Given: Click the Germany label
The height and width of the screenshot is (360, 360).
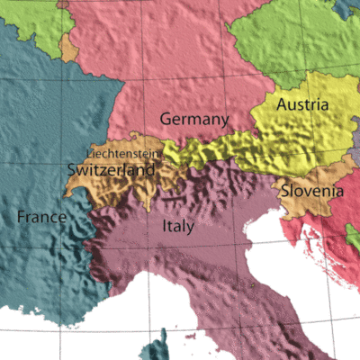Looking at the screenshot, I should coord(193,120).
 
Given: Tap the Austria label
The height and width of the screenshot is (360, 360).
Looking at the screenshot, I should coord(301,105).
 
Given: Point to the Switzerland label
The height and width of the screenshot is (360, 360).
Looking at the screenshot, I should coord(111,168).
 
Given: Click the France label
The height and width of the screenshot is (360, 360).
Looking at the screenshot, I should coord(40,217).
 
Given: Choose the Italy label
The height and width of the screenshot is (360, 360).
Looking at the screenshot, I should coord(177,227).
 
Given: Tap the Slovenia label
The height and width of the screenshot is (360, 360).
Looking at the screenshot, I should coord(311,191).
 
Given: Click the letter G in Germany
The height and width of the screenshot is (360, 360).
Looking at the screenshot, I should coord(166,120).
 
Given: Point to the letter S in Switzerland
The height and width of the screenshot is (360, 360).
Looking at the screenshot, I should coord(72,168).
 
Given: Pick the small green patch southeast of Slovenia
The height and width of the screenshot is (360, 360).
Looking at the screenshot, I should coord(352,236).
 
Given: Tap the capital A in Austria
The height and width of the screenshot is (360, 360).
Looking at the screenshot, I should coord(283,105).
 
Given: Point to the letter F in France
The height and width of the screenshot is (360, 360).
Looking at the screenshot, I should coord(22,217).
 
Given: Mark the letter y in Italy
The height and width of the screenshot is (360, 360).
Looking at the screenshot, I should coord(190,229).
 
